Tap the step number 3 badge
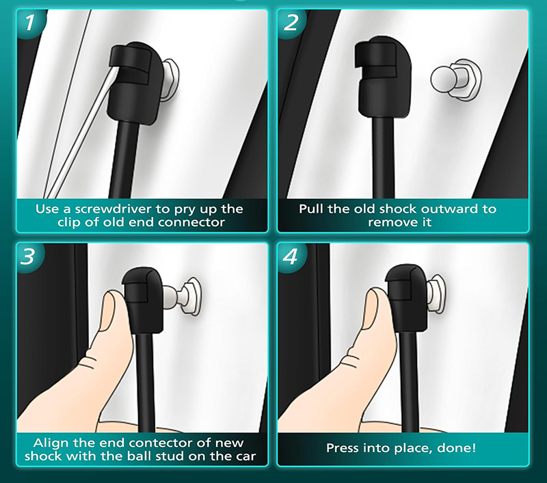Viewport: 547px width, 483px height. click(29, 257)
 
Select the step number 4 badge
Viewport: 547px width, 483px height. click(291, 257)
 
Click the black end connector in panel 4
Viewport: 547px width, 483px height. click(406, 298)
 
